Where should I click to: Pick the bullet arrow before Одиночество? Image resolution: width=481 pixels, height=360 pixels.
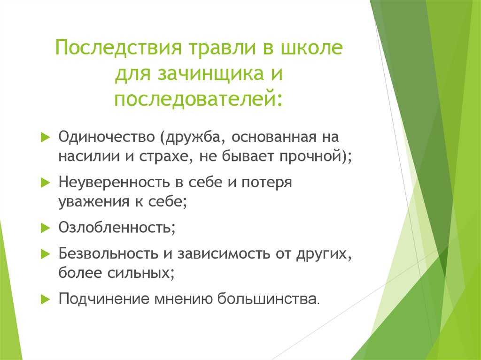click(45, 137)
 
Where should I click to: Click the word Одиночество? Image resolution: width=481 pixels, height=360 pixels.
click(107, 137)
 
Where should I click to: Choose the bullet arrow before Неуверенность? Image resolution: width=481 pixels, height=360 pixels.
click(45, 183)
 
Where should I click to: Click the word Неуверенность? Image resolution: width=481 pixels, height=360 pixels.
click(114, 182)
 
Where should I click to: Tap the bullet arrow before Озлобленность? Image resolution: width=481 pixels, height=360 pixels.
click(45, 228)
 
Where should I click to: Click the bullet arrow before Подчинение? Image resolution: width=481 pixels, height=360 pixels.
click(45, 299)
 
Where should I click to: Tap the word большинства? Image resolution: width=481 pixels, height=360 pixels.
click(266, 299)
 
